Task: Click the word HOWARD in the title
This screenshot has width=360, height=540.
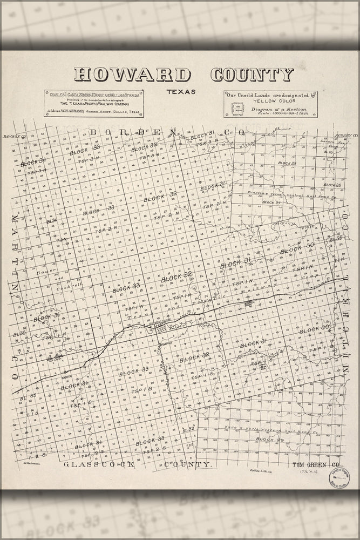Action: coord(132,75)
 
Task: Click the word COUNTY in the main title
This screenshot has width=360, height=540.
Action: coord(252,75)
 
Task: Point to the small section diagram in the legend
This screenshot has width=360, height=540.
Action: coord(238,107)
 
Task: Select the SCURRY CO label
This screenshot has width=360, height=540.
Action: coord(346,135)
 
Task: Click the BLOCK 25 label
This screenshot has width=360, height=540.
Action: coord(287,163)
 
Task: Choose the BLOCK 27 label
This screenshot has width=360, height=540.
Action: coord(272,202)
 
